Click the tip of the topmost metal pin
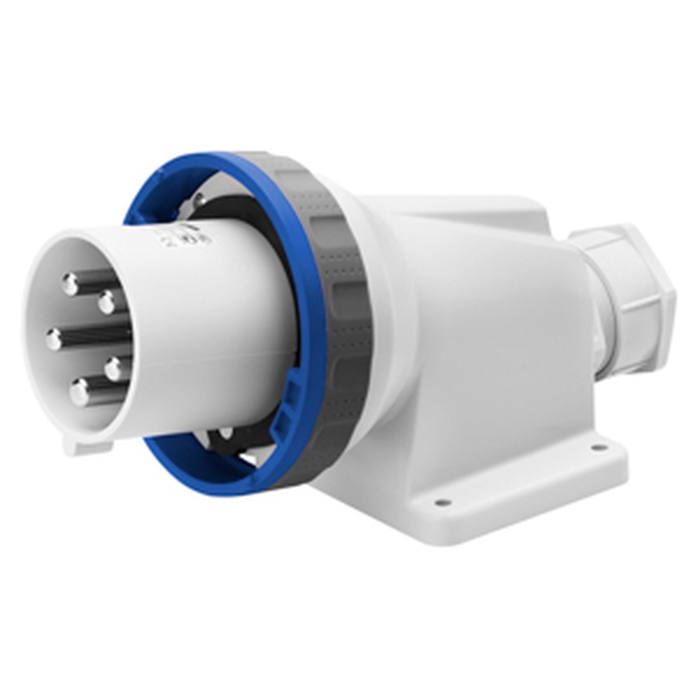tap(70, 283)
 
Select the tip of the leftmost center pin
tap(54, 340)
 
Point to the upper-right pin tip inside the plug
tap(107, 303)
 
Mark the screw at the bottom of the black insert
tap(226, 433)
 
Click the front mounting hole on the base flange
tap(441, 502)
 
